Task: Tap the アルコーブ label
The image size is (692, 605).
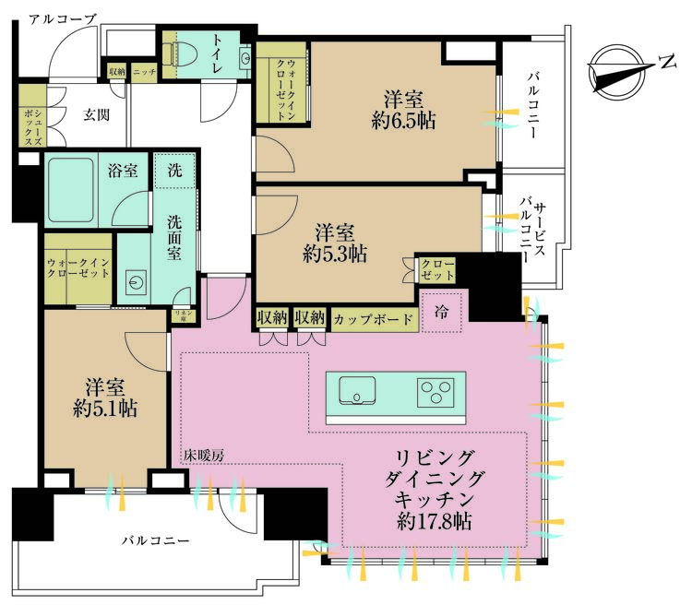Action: [x=62, y=18]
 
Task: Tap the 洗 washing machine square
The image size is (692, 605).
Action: [x=173, y=170]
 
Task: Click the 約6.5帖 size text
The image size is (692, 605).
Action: [x=400, y=121]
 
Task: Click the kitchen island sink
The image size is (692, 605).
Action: [x=355, y=392]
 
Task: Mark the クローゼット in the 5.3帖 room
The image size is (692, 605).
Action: [x=437, y=270]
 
